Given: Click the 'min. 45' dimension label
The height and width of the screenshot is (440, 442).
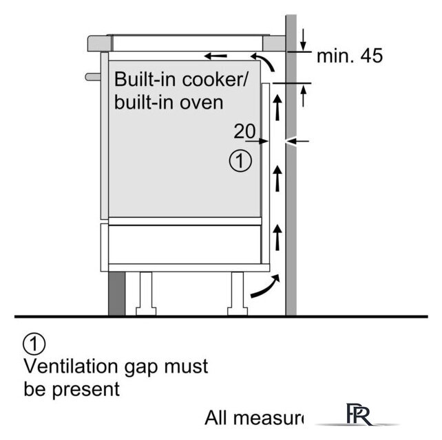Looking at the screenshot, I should (349, 56).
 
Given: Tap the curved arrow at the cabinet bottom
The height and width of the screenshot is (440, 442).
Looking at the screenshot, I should (266, 287).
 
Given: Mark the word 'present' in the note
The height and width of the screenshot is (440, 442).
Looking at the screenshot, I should (85, 389).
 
